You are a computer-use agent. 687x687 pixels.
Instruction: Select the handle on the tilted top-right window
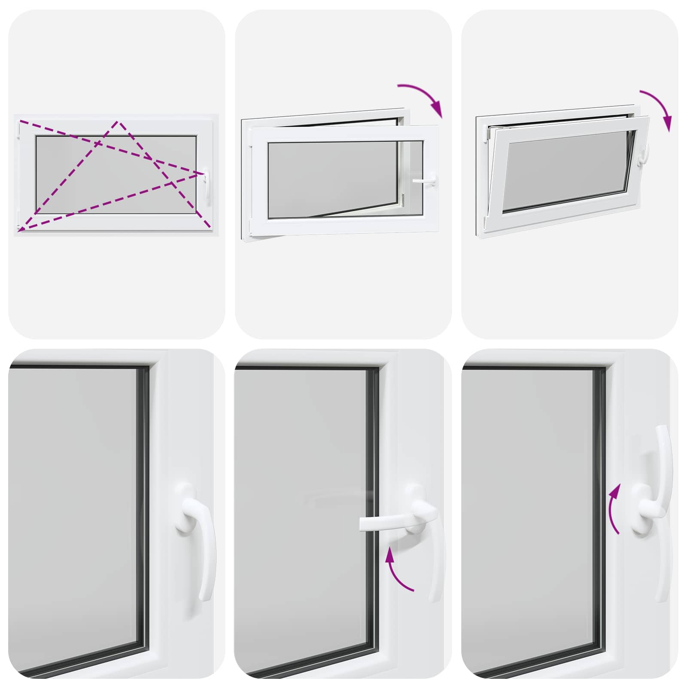[x=644, y=155]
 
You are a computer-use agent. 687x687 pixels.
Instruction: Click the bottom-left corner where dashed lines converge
[x=19, y=231]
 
